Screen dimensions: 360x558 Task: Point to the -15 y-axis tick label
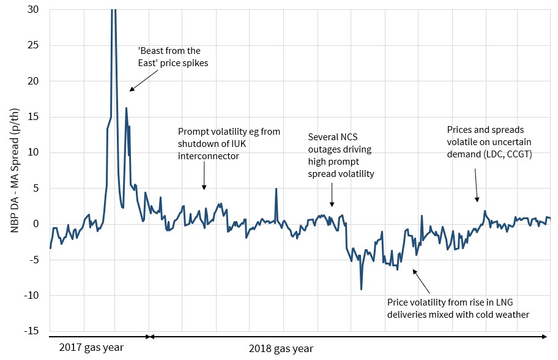(34, 331)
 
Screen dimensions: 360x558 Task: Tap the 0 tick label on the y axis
(39, 224)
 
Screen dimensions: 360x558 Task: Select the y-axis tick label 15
(36, 117)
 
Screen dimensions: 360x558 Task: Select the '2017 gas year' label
(91, 348)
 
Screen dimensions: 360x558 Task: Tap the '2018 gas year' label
(281, 349)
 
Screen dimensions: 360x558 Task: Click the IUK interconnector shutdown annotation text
(229, 144)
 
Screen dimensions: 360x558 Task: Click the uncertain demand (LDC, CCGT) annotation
(489, 142)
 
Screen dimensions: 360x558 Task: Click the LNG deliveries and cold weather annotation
(458, 309)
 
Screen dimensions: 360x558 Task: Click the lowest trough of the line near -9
(362, 289)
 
